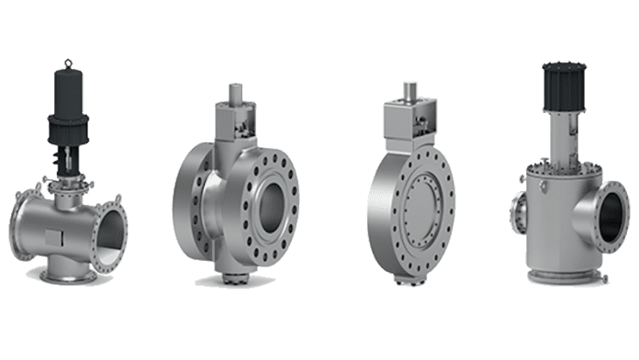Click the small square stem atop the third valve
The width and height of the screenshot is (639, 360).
(409, 88)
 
